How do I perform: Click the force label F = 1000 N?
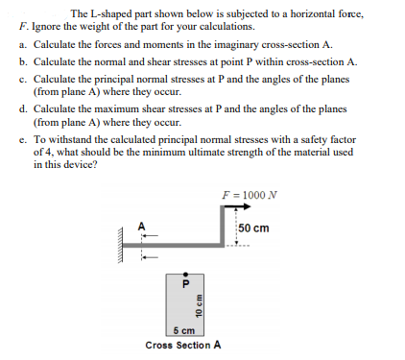(247, 196)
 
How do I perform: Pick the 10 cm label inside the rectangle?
(198, 311)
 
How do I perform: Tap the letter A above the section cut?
(140, 227)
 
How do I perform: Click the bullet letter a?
(21, 45)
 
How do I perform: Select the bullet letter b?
(21, 60)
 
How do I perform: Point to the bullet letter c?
(21, 76)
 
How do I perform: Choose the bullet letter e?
(21, 138)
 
